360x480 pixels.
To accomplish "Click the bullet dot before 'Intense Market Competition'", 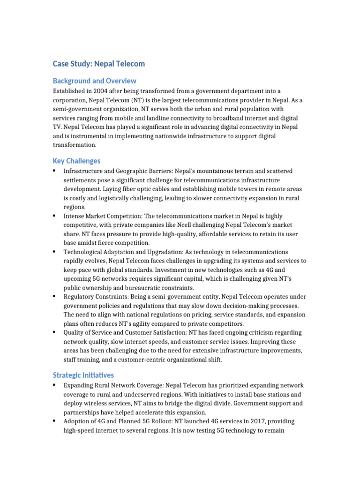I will pos(55,216).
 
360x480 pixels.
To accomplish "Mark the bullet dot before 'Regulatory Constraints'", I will pos(55,297).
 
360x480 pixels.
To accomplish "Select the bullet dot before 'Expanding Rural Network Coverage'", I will pos(55,385).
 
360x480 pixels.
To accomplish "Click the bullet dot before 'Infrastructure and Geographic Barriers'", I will pos(55,171).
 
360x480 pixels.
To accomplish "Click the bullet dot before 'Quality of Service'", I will pos(55,332).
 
